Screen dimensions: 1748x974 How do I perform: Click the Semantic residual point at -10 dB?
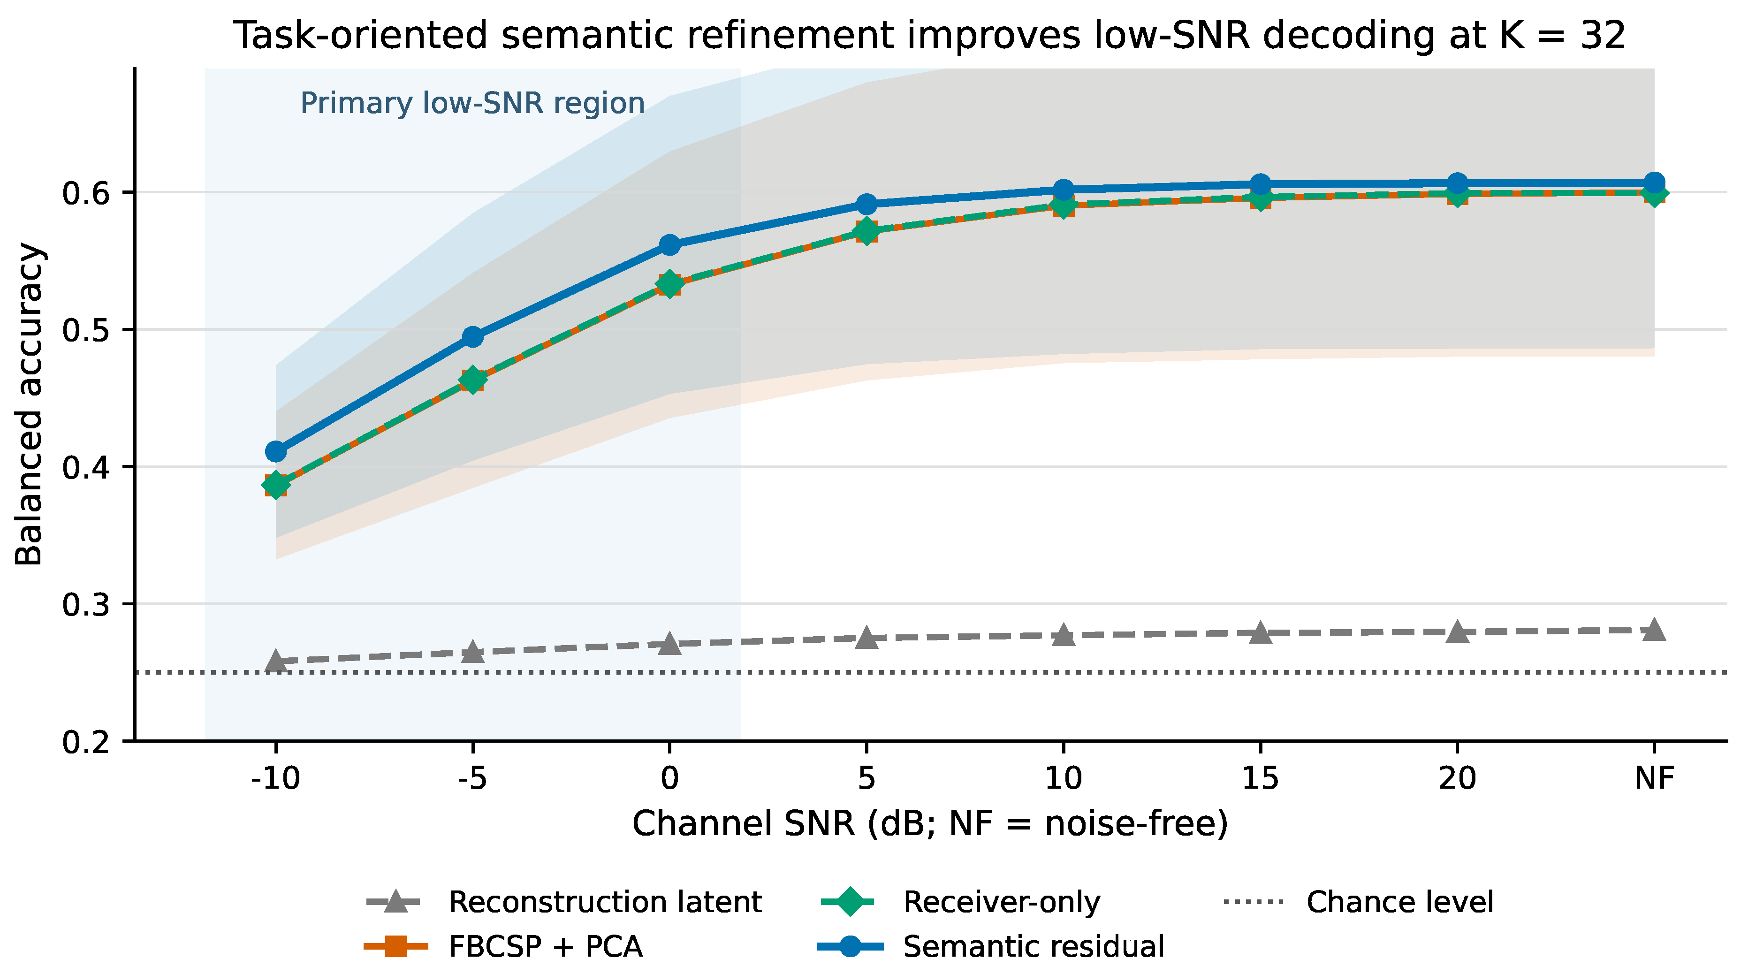[275, 451]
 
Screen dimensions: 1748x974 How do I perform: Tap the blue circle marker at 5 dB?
[866, 204]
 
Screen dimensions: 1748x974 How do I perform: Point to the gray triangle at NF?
[1654, 629]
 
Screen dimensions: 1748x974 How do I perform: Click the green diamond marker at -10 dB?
[275, 485]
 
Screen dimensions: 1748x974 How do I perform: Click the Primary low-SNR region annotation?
[472, 103]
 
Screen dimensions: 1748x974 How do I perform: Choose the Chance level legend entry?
[1359, 902]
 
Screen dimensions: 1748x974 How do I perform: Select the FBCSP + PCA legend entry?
[503, 946]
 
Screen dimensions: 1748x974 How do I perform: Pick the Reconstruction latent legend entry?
[564, 902]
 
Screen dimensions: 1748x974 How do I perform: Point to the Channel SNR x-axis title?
[930, 824]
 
